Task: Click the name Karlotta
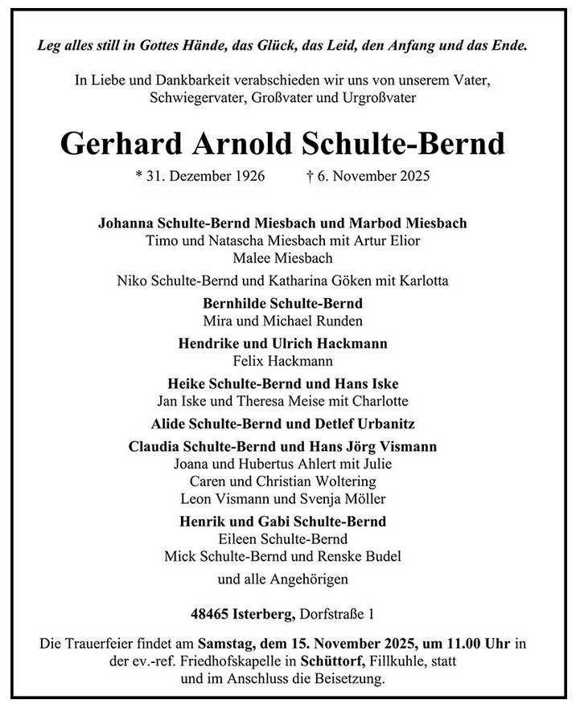[x=420, y=281]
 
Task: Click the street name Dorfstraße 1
[x=337, y=616]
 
